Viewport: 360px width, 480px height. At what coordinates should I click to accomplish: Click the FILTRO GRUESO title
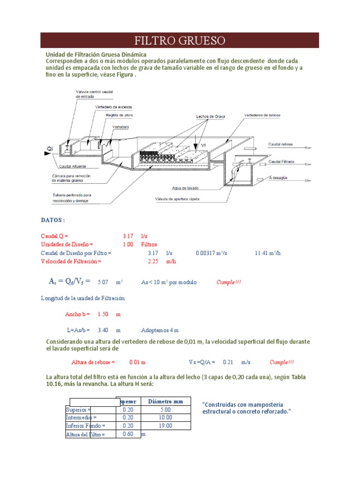coord(180,40)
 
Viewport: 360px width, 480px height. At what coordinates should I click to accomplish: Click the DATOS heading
coord(53,220)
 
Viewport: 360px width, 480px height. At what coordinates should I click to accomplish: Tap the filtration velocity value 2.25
coord(153,262)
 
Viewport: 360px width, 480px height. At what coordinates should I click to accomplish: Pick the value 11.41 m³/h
coord(267,253)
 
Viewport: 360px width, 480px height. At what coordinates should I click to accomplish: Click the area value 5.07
coord(103,283)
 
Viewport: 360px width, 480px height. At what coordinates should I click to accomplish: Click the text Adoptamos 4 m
coord(160,330)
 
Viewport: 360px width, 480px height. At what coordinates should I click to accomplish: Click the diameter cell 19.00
coord(165,426)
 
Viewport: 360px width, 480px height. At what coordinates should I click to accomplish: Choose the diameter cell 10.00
coord(165,417)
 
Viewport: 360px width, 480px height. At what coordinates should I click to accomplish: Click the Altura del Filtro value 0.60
coord(128,434)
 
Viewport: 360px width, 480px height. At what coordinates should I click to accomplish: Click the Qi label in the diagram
coord(50,149)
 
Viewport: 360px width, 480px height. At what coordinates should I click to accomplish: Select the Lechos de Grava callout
coord(211,116)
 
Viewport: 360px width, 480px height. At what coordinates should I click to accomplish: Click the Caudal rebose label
coord(281,144)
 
